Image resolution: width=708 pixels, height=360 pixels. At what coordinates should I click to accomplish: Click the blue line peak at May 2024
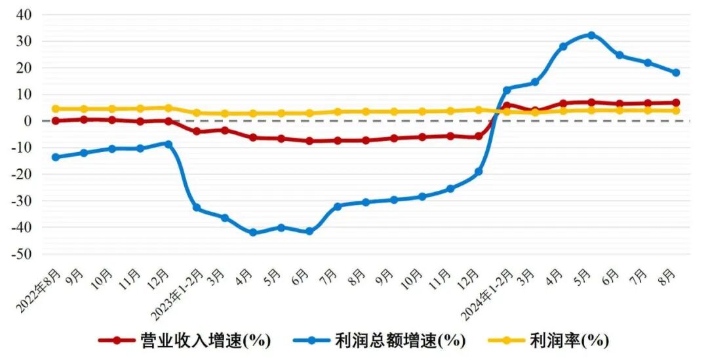click(591, 35)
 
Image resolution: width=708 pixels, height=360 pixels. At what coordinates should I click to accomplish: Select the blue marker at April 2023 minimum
click(253, 232)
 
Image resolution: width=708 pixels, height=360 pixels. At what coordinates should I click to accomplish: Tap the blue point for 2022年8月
click(56, 157)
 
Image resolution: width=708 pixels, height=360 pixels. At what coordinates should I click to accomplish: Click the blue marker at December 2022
click(168, 144)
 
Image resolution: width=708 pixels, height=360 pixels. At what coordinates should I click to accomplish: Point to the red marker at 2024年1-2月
click(507, 106)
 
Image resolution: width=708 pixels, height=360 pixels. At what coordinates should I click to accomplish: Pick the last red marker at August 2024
click(676, 103)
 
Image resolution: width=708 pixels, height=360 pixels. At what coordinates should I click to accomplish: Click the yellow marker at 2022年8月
click(56, 109)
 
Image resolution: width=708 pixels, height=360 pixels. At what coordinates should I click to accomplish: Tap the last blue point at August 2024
click(676, 73)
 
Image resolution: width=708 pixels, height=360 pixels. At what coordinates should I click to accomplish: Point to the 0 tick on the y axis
click(29, 121)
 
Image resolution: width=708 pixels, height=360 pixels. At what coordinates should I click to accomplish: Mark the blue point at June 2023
click(309, 231)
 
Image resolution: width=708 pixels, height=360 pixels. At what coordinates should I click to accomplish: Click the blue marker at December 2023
click(479, 171)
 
